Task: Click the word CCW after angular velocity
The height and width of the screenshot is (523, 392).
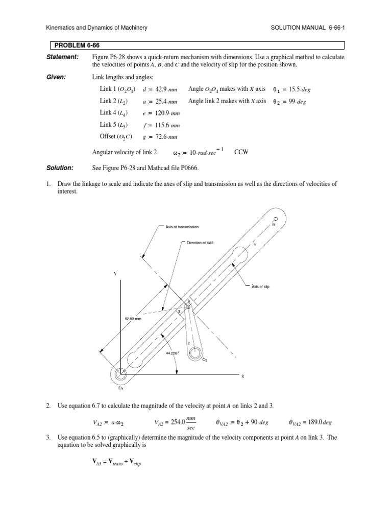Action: [x=240, y=152]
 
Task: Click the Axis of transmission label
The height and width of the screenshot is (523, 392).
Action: [x=182, y=226]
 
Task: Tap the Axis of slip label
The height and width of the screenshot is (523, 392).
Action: [x=260, y=287]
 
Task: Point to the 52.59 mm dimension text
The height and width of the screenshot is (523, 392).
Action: [x=133, y=319]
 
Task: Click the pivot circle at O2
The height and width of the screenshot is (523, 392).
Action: [x=194, y=352]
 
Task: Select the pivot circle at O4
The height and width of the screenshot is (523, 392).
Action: [x=120, y=375]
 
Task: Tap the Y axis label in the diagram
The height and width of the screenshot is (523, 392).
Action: [x=115, y=274]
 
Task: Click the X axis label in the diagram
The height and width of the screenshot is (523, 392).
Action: [x=243, y=376]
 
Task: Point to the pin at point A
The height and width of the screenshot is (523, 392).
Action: [x=187, y=306]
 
